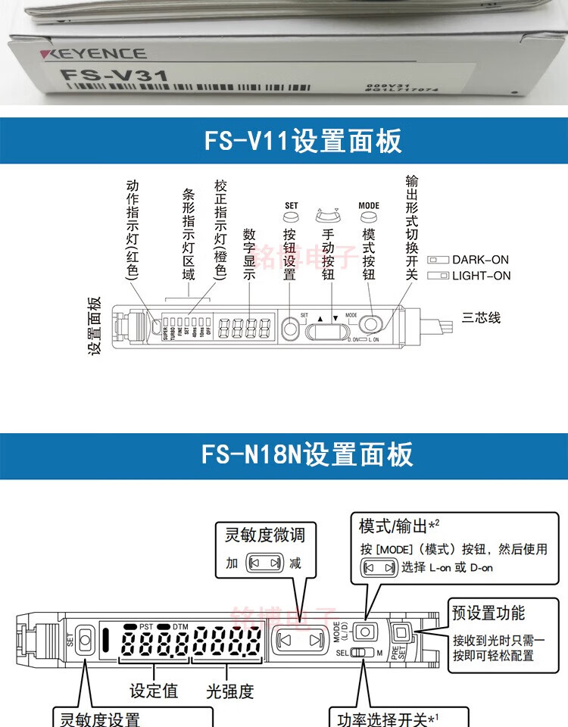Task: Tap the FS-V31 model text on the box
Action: pos(114,76)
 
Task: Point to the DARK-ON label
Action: pos(480,260)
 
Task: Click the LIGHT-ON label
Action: pos(481,276)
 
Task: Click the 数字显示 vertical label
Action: pos(249,254)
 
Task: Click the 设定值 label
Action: pos(154,691)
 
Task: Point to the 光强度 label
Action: pos(229,691)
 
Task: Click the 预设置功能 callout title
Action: pos(488,613)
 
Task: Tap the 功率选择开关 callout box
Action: pos(398,717)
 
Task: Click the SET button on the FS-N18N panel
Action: pos(83,640)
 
